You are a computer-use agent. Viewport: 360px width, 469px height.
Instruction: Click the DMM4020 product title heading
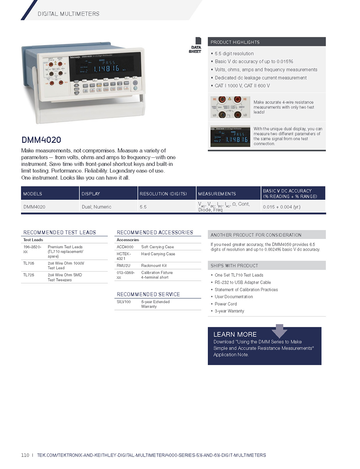pyautogui.click(x=41, y=140)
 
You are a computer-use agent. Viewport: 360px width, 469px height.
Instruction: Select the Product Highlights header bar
pyautogui.click(x=267, y=42)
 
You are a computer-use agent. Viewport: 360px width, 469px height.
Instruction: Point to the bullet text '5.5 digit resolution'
pyautogui.click(x=234, y=54)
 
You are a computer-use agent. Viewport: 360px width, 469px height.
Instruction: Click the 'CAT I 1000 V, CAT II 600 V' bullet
pyautogui.click(x=242, y=86)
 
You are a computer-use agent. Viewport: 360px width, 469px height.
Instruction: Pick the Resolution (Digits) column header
pyautogui.click(x=163, y=194)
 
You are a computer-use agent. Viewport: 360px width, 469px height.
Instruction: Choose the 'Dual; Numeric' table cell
pyautogui.click(x=96, y=207)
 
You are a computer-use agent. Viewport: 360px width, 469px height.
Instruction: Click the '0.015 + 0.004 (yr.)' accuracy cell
pyautogui.click(x=282, y=207)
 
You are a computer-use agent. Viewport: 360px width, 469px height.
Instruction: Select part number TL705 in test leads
pyautogui.click(x=29, y=263)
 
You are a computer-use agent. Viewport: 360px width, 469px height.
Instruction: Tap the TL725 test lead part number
pyautogui.click(x=29, y=275)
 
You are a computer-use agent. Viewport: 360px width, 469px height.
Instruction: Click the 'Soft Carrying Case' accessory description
pyautogui.click(x=157, y=247)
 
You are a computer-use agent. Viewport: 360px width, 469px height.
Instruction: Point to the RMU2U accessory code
pyautogui.click(x=123, y=266)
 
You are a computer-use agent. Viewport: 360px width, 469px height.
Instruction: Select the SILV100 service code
pyautogui.click(x=124, y=302)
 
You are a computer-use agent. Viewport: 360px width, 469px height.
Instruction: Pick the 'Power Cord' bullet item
pyautogui.click(x=226, y=304)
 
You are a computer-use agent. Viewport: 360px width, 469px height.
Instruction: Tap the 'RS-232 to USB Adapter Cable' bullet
pyautogui.click(x=243, y=283)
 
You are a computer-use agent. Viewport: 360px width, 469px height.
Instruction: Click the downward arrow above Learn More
pyautogui.click(x=279, y=331)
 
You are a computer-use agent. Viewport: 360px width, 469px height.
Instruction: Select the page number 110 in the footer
pyautogui.click(x=25, y=455)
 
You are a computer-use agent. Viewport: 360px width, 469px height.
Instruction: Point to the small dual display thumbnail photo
pyautogui.click(x=230, y=136)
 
